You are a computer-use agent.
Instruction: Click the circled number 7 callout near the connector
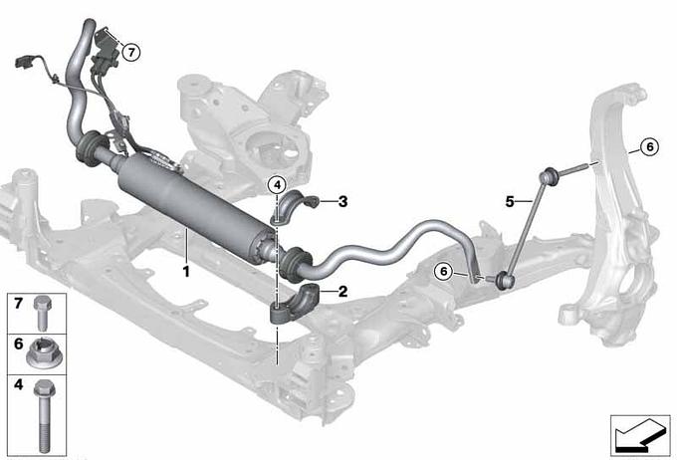tap(131, 53)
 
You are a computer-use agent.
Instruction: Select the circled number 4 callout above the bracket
tap(277, 185)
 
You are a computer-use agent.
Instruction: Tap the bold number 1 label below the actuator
tap(186, 272)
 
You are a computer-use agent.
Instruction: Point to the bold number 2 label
tap(342, 292)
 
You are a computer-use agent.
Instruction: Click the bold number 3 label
tap(342, 201)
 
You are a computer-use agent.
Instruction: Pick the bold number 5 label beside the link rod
tap(510, 202)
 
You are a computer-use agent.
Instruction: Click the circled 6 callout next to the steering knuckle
tap(649, 146)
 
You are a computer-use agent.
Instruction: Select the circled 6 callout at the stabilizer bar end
tap(443, 272)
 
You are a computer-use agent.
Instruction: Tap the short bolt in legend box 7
tap(42, 314)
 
